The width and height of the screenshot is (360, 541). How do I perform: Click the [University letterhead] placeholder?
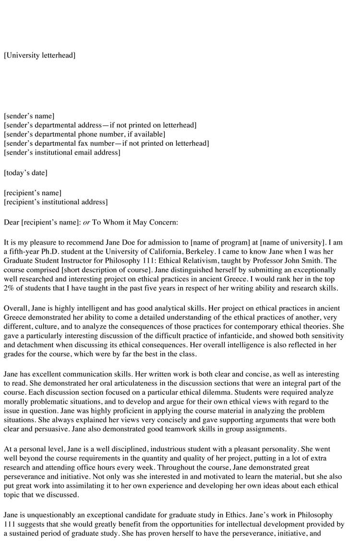click(39, 56)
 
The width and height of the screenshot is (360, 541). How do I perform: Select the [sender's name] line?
click(29, 116)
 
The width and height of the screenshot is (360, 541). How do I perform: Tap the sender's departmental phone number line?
click(84, 134)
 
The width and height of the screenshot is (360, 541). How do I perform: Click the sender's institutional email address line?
click(62, 153)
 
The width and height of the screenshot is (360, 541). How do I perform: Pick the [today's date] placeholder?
click(25, 173)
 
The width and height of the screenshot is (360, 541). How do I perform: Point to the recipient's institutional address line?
click(56, 202)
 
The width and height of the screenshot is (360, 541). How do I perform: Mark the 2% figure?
click(10, 288)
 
